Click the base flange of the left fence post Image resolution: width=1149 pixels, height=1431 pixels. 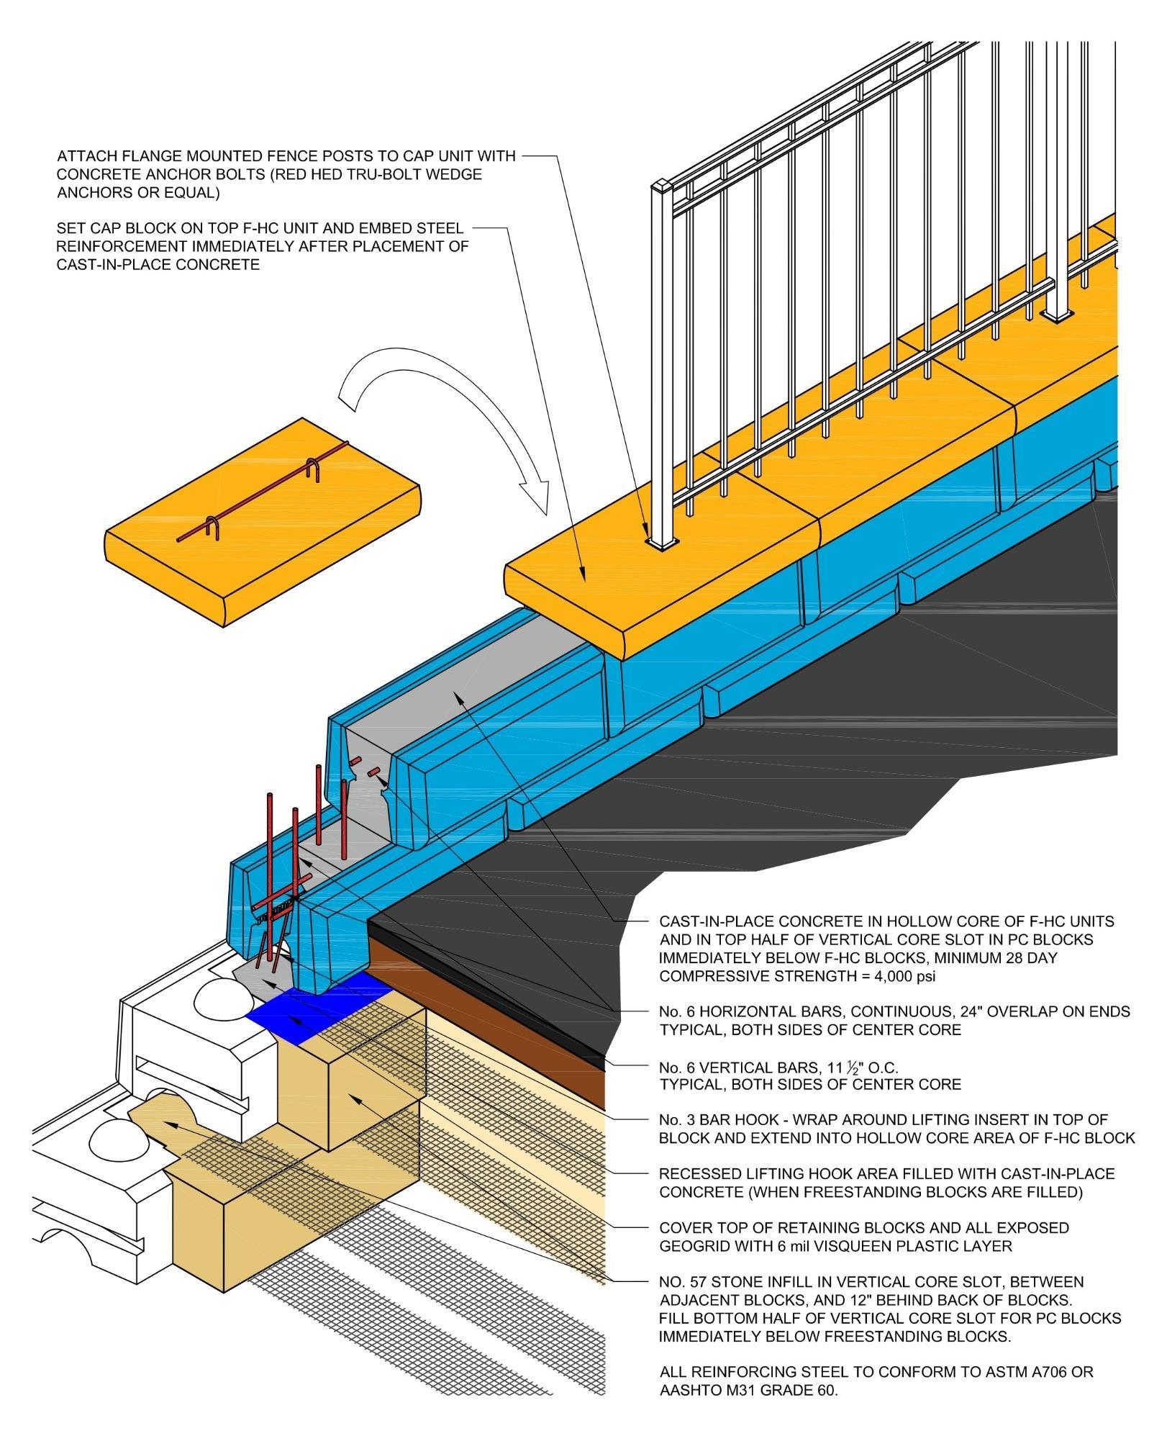pos(662,544)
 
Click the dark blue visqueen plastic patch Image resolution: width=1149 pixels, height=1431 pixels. pos(317,1014)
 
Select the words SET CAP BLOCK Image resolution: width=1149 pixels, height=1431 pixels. pos(112,229)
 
